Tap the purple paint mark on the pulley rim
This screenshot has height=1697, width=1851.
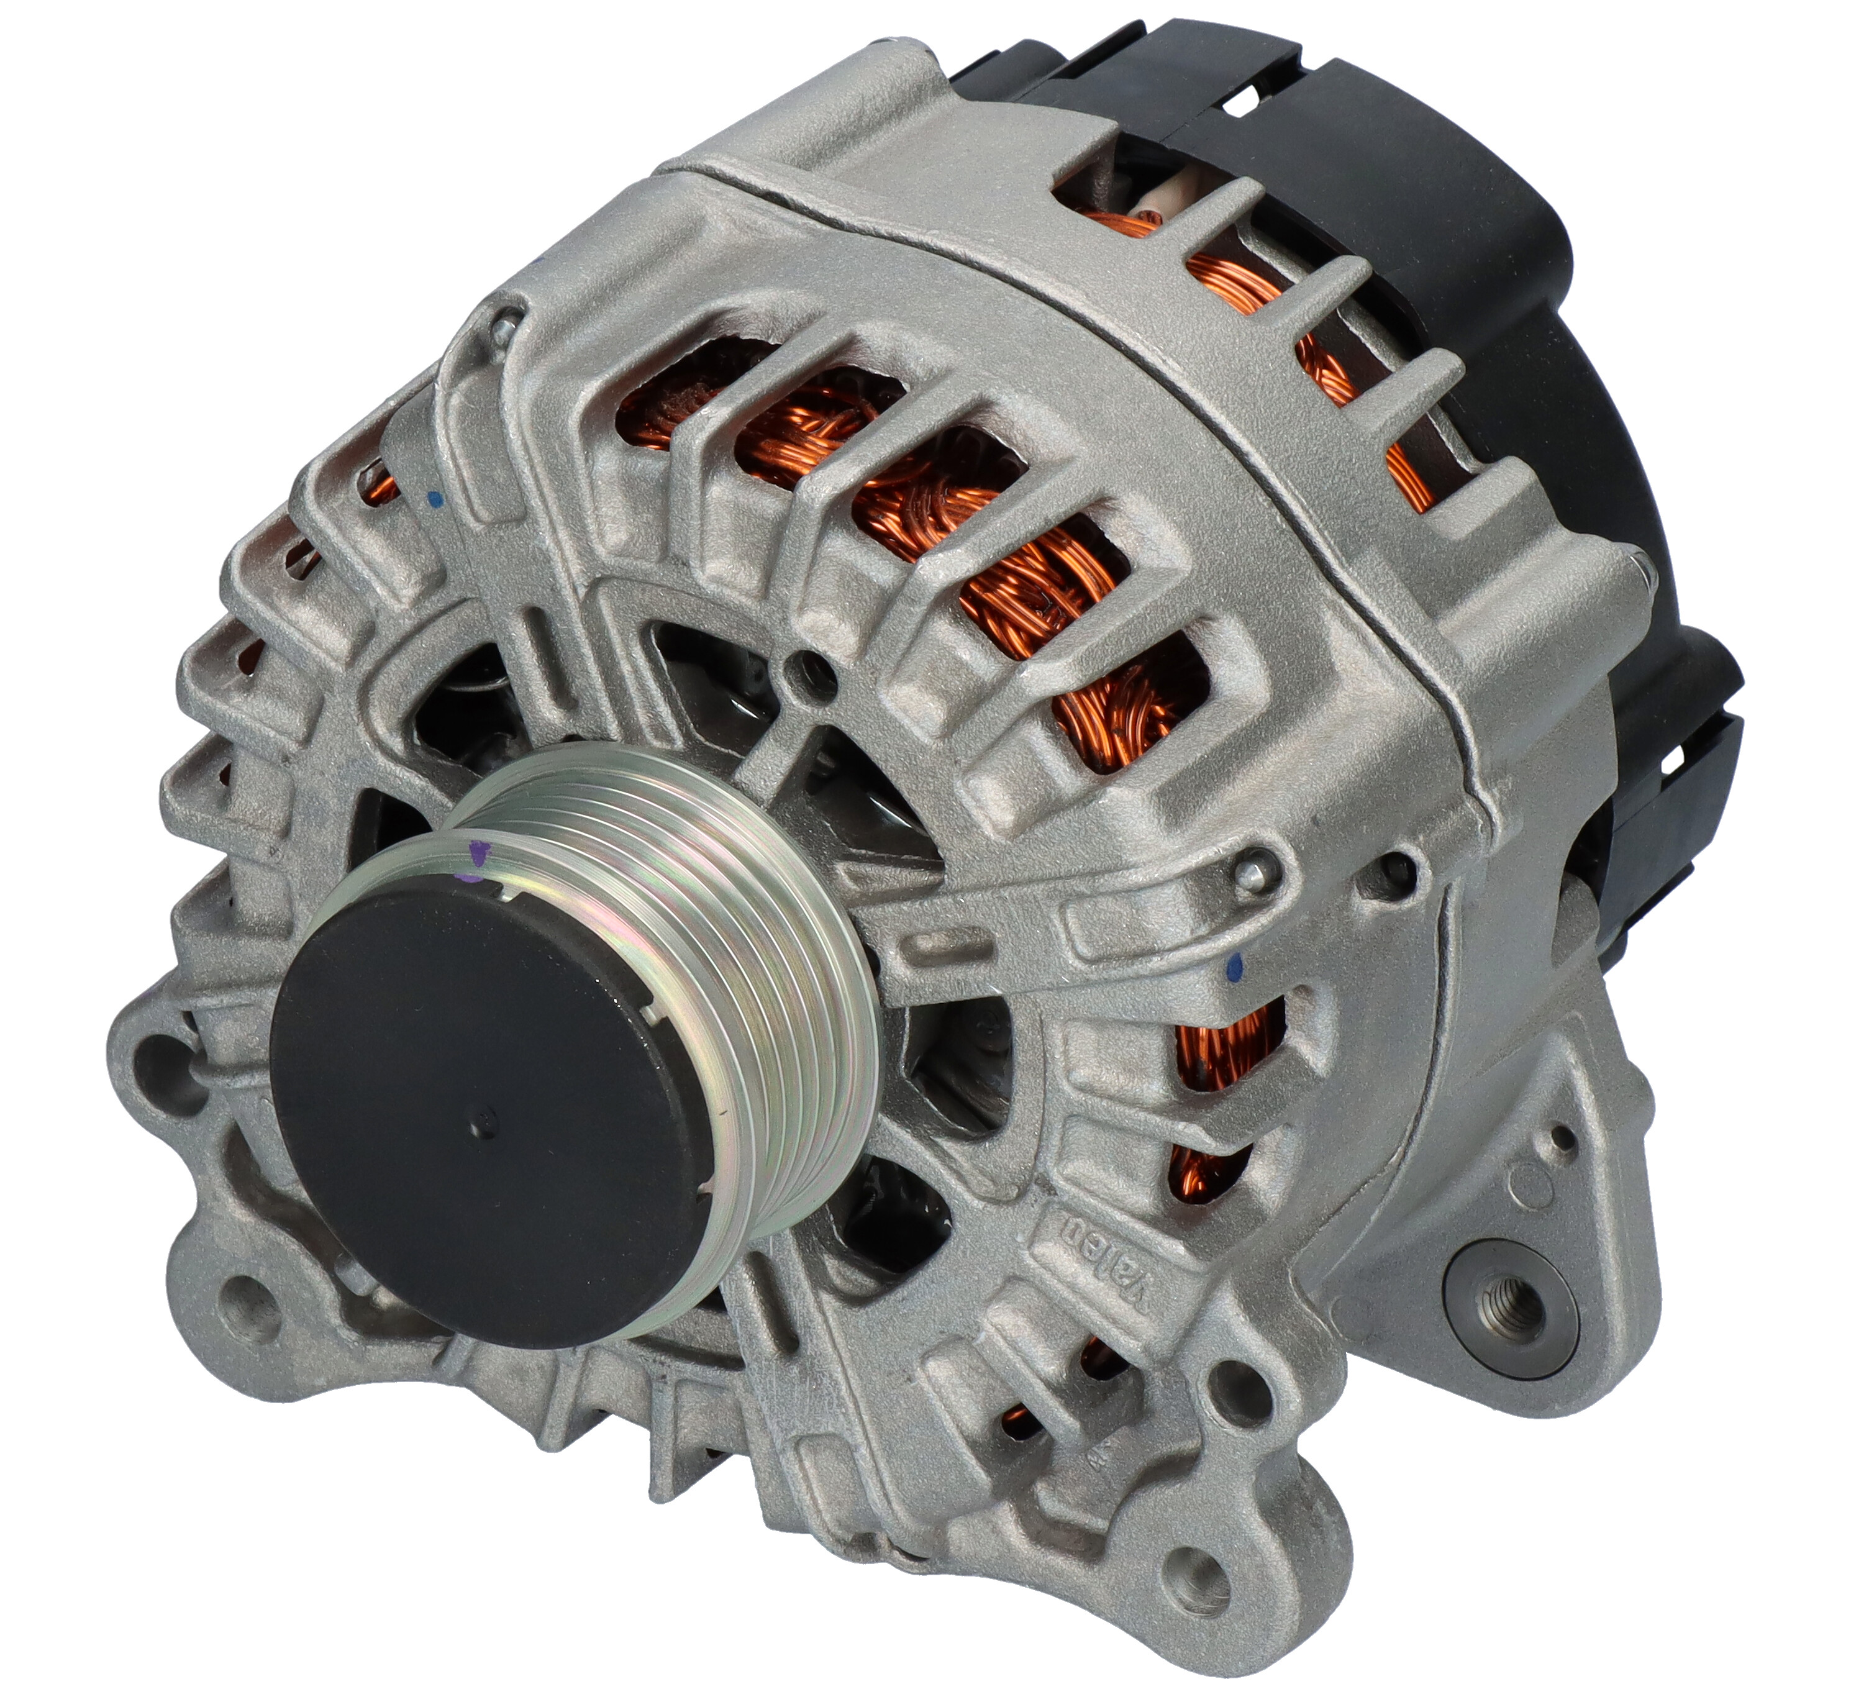click(x=476, y=858)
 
